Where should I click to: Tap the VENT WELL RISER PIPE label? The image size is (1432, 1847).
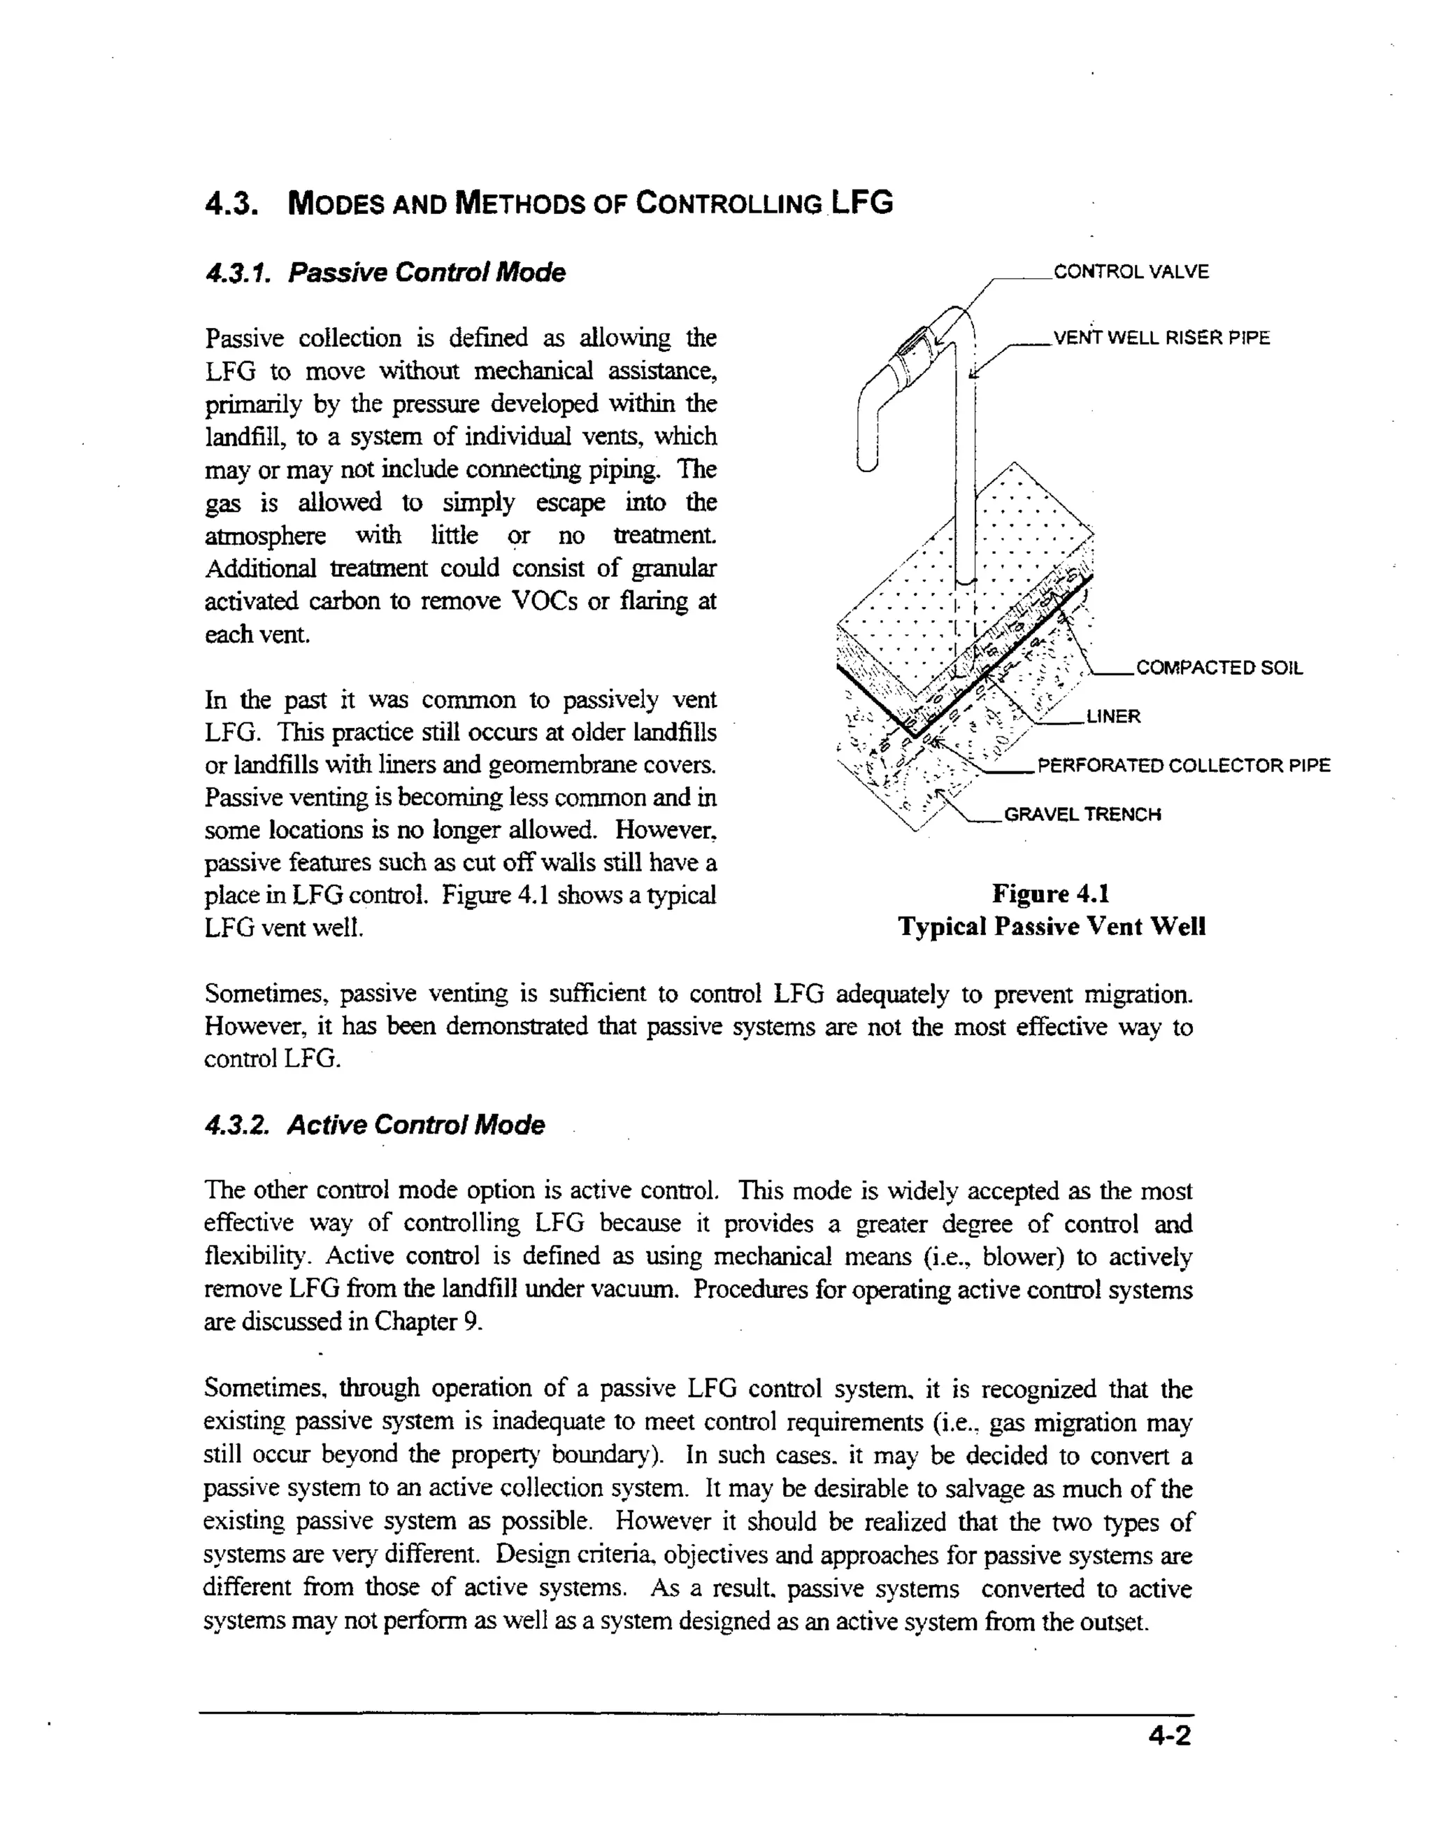pyautogui.click(x=1161, y=338)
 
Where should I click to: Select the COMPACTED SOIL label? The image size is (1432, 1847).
pyautogui.click(x=1219, y=668)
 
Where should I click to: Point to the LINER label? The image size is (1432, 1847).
pyautogui.click(x=1113, y=717)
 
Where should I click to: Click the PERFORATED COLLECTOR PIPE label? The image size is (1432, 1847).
pyautogui.click(x=1184, y=766)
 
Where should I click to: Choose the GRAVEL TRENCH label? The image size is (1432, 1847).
pyautogui.click(x=1082, y=815)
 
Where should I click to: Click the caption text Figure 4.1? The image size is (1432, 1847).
pyautogui.click(x=1051, y=894)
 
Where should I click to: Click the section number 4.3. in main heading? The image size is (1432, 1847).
pyautogui.click(x=231, y=205)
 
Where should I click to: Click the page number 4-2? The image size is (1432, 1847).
pyautogui.click(x=1169, y=1737)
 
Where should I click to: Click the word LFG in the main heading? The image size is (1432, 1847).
pyautogui.click(x=861, y=203)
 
